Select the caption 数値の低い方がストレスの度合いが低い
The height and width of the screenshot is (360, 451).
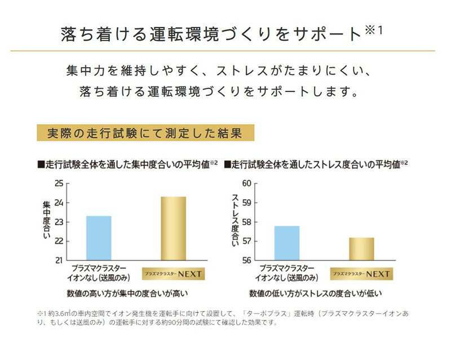click(x=316, y=293)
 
